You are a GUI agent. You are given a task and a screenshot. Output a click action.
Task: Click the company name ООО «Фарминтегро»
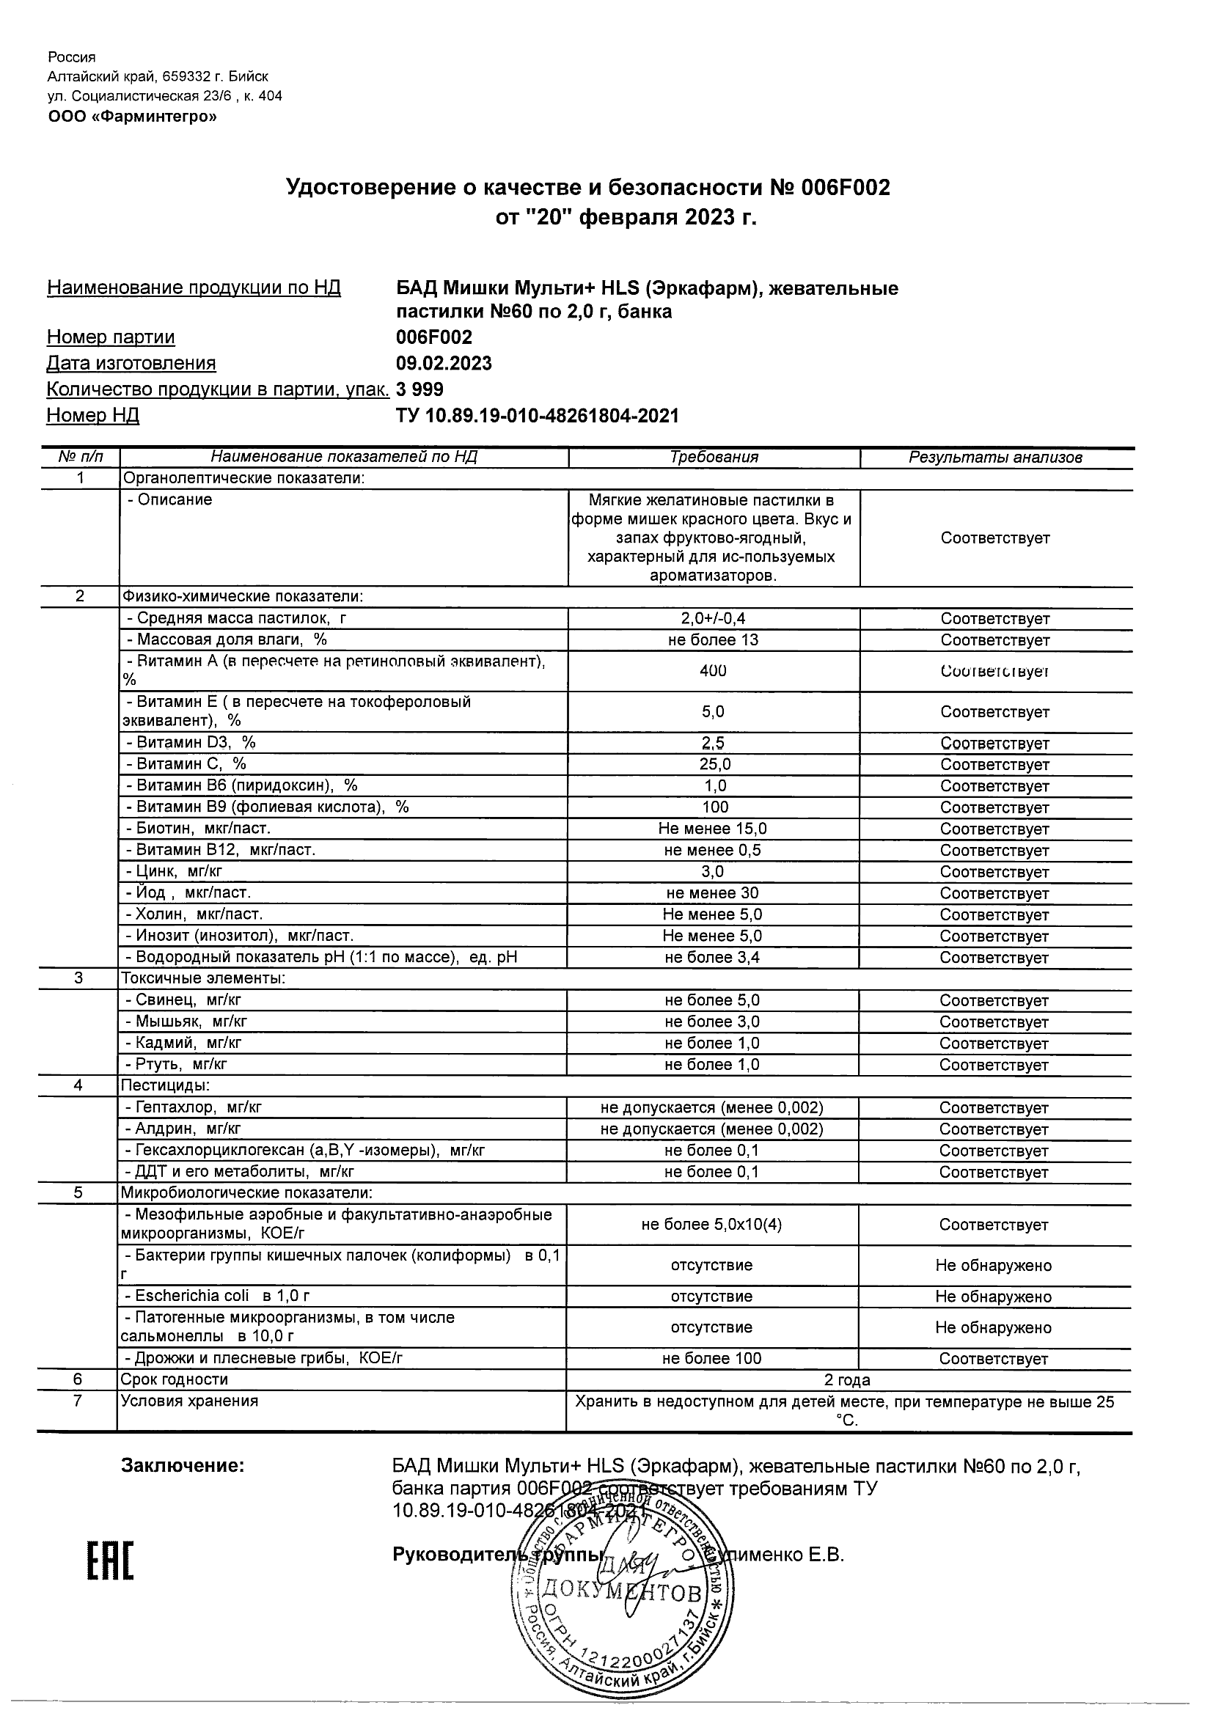coord(132,116)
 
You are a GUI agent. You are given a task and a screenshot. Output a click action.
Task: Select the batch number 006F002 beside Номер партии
coord(434,337)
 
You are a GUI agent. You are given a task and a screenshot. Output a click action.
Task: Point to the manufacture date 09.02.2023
coord(444,363)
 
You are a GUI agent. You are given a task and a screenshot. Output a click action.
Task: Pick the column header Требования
coord(714,458)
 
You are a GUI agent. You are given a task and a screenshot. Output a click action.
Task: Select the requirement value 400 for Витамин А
coord(713,670)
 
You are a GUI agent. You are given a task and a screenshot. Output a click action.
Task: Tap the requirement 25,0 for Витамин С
coord(713,764)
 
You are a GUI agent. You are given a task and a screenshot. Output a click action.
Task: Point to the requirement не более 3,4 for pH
coord(712,958)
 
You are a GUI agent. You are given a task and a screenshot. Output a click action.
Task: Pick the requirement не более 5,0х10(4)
coord(711,1225)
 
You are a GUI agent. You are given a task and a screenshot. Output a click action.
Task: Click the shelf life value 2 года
coord(847,1379)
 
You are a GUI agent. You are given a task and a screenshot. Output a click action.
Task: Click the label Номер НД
coord(92,416)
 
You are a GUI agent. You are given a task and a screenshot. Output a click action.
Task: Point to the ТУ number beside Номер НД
coord(538,416)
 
